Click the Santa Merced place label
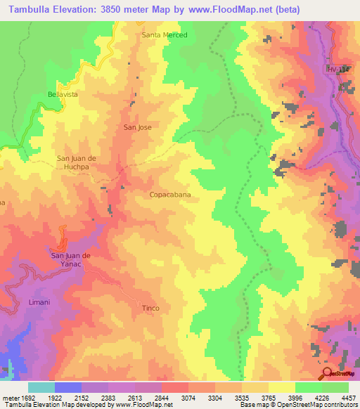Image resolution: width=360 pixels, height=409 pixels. [165, 34]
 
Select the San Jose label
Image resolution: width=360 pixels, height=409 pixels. [138, 127]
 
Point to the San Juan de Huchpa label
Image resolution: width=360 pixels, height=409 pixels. [77, 162]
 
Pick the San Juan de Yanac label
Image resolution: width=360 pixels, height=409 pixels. [72, 259]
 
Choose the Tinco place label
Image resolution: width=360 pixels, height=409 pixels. [151, 309]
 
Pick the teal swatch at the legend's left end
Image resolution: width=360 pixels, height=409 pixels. [41, 387]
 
